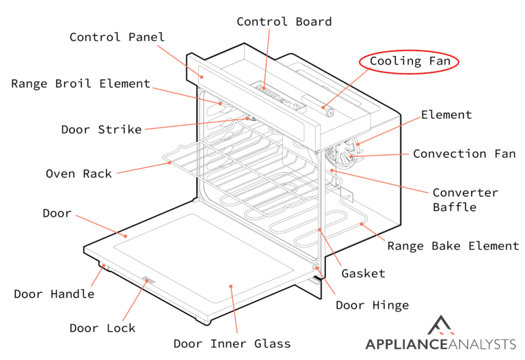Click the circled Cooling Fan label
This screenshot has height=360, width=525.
click(409, 61)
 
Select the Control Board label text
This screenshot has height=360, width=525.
click(284, 22)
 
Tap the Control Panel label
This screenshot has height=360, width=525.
click(117, 37)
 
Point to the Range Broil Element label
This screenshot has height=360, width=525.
click(80, 84)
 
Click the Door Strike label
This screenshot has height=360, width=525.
click(101, 129)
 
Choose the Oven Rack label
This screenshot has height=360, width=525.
click(79, 174)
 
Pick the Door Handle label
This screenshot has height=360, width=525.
click(54, 294)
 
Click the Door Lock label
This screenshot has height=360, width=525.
click(103, 328)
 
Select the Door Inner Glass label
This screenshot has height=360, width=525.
click(232, 344)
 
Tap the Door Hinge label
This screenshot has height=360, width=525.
click(372, 305)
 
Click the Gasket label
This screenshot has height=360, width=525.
click(362, 273)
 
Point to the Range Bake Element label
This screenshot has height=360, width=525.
click(453, 246)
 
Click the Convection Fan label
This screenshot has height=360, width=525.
click(464, 154)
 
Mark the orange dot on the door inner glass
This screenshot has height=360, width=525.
click(232, 287)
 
